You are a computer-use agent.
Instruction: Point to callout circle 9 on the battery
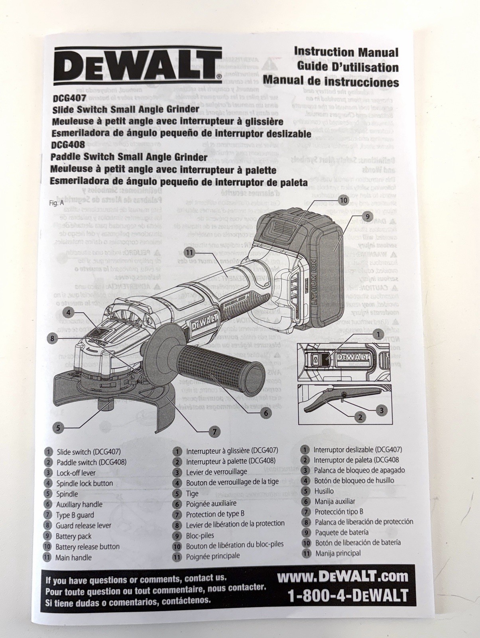click(x=367, y=217)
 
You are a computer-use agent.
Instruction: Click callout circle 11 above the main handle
click(x=189, y=252)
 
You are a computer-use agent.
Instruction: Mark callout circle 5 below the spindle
click(x=58, y=428)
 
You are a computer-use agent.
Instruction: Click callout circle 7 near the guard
click(x=214, y=431)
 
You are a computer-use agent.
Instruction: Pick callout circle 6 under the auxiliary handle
click(x=266, y=413)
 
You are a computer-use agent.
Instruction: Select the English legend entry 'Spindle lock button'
click(x=84, y=483)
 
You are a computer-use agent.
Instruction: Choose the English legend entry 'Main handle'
click(x=73, y=557)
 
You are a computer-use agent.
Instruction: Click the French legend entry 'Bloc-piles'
click(x=200, y=536)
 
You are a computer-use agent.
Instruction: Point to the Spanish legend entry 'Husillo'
click(x=324, y=491)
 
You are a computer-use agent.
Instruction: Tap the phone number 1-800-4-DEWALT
click(x=348, y=595)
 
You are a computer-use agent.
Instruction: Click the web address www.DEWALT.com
click(x=343, y=576)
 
